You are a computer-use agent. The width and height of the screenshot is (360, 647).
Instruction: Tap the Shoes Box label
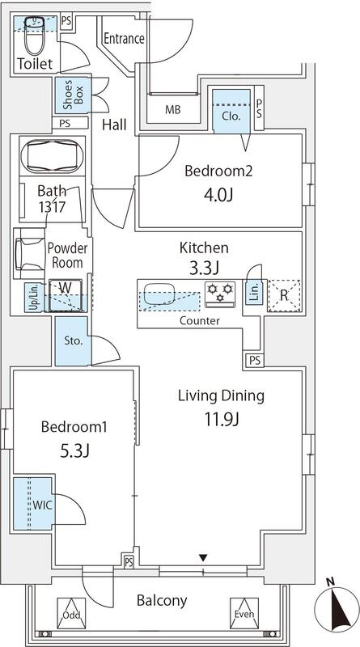click(74, 95)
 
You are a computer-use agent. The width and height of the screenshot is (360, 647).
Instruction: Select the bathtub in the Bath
click(52, 157)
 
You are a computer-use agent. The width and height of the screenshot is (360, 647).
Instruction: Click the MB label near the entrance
click(173, 110)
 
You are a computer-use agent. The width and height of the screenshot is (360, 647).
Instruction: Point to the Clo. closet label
click(231, 116)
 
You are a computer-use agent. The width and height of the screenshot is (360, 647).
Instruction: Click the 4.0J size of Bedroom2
click(218, 194)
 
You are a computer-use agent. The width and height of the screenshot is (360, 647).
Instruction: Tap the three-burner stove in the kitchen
click(220, 294)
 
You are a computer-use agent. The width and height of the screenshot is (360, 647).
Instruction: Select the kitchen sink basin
click(160, 291)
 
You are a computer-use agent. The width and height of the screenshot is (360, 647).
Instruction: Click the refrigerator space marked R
click(284, 295)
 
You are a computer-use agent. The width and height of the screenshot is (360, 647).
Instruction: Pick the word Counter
click(199, 320)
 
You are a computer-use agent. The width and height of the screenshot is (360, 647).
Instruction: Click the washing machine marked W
click(66, 295)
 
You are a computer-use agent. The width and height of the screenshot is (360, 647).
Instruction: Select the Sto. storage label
click(74, 340)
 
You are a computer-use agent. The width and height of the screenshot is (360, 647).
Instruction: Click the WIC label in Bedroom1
click(43, 505)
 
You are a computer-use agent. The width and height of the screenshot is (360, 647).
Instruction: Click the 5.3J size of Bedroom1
click(74, 451)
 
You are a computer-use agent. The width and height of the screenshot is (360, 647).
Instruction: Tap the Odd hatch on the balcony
click(71, 613)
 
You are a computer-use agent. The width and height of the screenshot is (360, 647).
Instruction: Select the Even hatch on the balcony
click(244, 613)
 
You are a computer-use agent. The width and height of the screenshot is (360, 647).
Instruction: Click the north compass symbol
click(336, 608)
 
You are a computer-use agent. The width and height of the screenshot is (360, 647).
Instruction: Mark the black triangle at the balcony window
click(203, 558)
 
